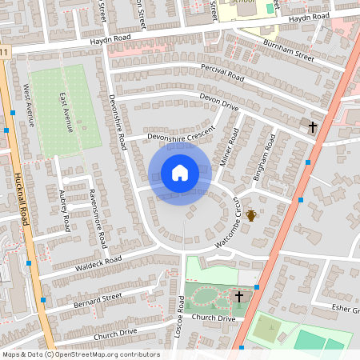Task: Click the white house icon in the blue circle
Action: tap(180, 173)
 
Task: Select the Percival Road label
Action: tap(222, 74)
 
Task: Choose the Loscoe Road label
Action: tap(179, 316)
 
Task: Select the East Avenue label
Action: tap(66, 111)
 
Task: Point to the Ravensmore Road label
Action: tap(98, 217)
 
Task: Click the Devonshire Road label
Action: tap(118, 122)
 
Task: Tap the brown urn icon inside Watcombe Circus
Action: tap(251, 215)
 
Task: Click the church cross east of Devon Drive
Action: tap(313, 127)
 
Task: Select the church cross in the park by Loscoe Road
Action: tap(238, 297)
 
